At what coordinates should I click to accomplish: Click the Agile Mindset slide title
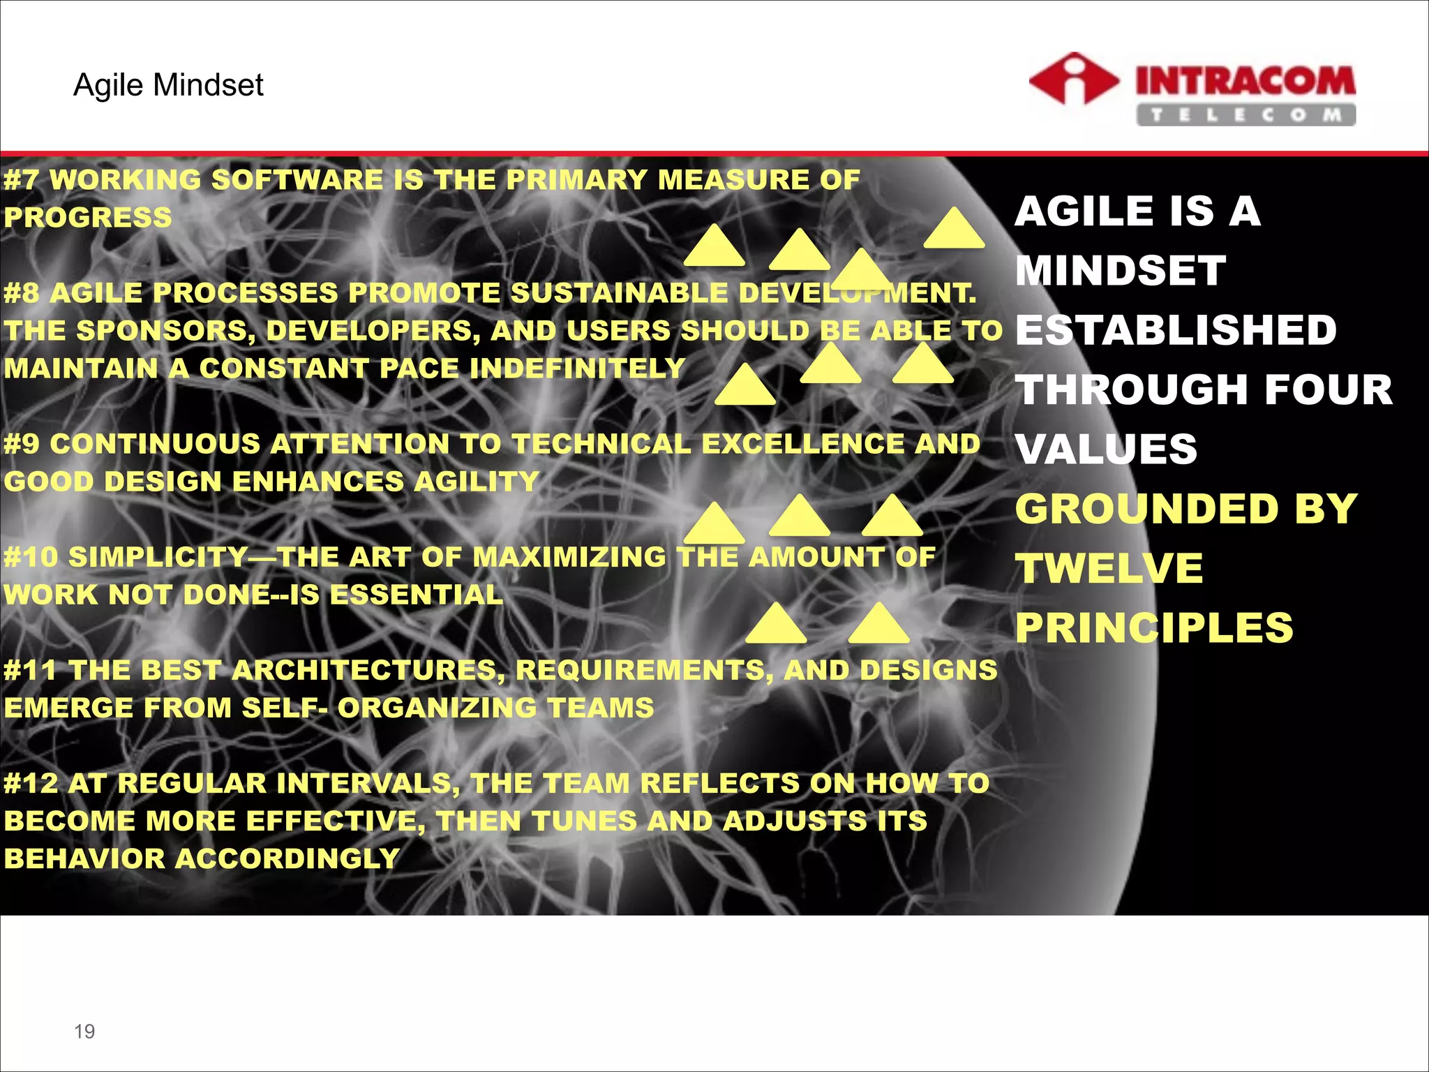tap(168, 85)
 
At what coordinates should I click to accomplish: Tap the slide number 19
tap(84, 1031)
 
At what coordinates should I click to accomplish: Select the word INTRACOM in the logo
tap(1245, 81)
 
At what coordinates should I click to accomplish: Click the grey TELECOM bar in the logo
tap(1245, 115)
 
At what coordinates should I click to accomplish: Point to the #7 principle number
tap(22, 180)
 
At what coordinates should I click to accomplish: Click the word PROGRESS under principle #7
tap(88, 218)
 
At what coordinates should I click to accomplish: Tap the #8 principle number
tap(22, 293)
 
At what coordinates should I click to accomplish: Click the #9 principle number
tap(22, 444)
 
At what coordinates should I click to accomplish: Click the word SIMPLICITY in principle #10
tap(159, 557)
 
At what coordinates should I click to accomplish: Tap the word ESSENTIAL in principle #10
tap(416, 595)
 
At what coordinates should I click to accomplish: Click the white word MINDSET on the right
tap(1121, 271)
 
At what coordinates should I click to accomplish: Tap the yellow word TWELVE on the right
tap(1109, 568)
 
